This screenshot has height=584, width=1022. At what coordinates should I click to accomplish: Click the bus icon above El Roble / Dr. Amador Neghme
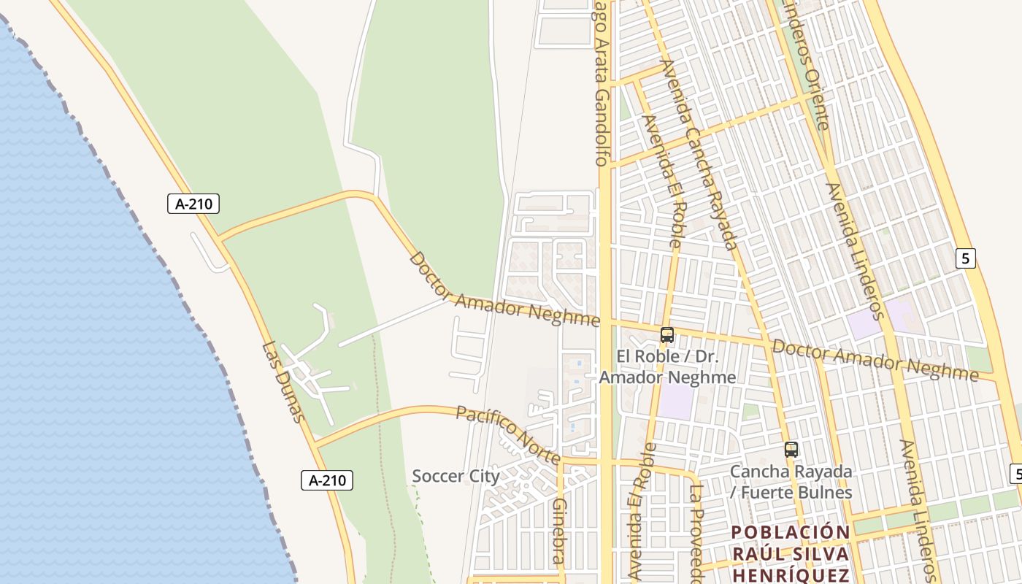coord(667,335)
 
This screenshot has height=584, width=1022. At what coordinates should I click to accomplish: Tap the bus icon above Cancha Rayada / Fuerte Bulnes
coord(791,450)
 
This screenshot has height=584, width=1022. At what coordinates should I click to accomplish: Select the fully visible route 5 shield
coord(965,258)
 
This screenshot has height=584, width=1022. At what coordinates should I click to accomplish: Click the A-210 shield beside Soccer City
coord(327,480)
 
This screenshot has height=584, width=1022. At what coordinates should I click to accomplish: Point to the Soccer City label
coord(456,477)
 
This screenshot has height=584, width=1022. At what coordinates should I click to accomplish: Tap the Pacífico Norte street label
coord(508,435)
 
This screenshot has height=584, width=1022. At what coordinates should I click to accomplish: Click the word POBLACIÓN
coord(791,532)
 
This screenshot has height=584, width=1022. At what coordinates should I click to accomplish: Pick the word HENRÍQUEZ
coord(791,575)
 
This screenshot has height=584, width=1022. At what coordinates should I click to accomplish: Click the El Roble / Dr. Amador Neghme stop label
coord(667,366)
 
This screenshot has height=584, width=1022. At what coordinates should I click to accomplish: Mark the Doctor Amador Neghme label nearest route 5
coord(875,360)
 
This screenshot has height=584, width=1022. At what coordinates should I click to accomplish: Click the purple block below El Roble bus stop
coord(677,402)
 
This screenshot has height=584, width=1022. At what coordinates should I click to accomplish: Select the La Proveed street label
coord(696,533)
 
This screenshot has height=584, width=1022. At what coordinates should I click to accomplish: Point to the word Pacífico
coord(483,420)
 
